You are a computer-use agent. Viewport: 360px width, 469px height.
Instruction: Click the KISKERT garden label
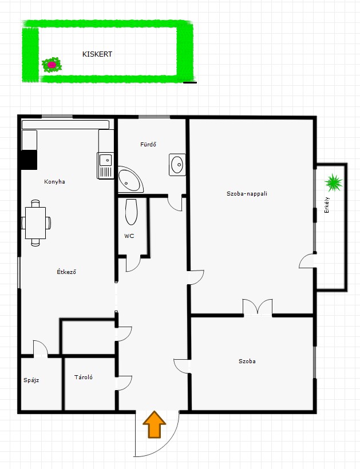click(97, 54)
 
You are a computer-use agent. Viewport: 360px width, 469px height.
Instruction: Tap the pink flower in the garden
click(52, 65)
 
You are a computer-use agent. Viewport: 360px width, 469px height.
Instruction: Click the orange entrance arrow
click(154, 425)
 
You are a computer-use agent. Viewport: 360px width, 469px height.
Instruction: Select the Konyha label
click(54, 181)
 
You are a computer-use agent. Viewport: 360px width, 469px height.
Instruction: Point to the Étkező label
click(66, 272)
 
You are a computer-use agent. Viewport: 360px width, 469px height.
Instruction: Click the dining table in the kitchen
click(35, 223)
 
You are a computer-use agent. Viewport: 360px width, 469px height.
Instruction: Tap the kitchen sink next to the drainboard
click(106, 160)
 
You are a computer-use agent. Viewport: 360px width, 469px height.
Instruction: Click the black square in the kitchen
click(29, 160)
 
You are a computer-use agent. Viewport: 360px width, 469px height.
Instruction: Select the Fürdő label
click(148, 145)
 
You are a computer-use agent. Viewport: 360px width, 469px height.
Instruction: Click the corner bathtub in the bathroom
click(129, 180)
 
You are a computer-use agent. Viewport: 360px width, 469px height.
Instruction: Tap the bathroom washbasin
click(177, 165)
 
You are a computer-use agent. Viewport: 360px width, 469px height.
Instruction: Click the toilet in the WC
click(132, 212)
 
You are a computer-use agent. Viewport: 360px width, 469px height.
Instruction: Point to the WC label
click(129, 236)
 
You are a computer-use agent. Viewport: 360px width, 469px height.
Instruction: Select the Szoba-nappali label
click(247, 193)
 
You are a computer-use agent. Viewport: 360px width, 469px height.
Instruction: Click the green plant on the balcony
click(334, 182)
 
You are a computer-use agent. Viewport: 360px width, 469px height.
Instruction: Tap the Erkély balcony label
click(327, 205)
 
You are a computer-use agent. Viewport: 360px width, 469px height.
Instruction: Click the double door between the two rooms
click(258, 307)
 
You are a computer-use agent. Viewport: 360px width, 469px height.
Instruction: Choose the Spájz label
click(31, 380)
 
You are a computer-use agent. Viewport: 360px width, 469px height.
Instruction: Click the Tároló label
click(84, 377)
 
